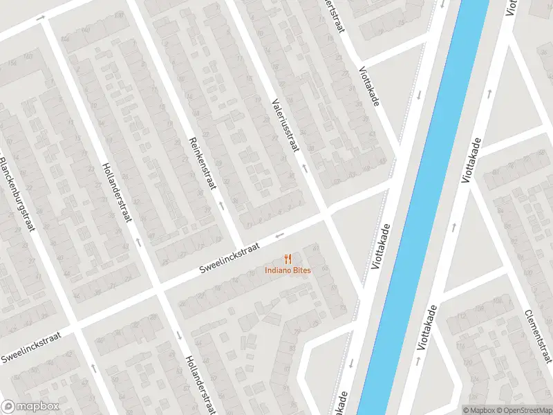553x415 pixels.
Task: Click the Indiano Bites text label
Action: click(288, 270)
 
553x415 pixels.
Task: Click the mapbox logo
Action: click(30, 407)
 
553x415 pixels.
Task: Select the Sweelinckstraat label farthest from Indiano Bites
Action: click(30, 347)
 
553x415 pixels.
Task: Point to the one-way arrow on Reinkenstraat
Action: click(221, 205)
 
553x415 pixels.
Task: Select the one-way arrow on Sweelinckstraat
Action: click(281, 235)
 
